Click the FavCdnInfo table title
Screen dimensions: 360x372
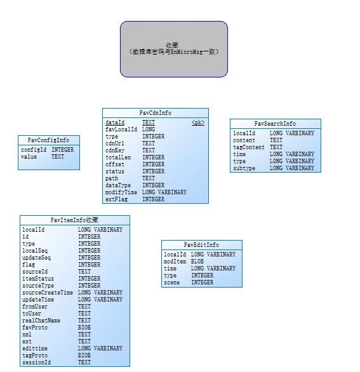[156, 113]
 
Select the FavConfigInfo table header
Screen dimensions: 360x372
[49, 140]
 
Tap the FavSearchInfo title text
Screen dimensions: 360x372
[276, 124]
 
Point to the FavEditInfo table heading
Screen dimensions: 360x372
[201, 245]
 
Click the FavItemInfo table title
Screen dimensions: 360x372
[74, 220]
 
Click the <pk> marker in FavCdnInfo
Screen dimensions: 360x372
[198, 123]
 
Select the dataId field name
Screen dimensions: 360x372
[115, 123]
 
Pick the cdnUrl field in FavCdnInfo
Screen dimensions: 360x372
[115, 143]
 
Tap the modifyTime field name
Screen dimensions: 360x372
[121, 192]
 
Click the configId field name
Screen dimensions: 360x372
[34, 150]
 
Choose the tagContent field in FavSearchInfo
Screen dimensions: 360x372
[249, 147]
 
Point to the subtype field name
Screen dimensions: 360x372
[244, 168]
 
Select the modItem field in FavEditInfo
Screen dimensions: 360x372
[175, 262]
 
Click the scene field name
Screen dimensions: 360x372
[171, 282]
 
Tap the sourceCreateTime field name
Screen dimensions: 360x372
[48, 293]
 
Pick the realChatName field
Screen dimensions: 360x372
[41, 321]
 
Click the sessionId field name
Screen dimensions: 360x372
[36, 362]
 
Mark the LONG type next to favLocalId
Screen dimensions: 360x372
[149, 130]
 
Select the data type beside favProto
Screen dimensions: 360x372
[84, 328]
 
